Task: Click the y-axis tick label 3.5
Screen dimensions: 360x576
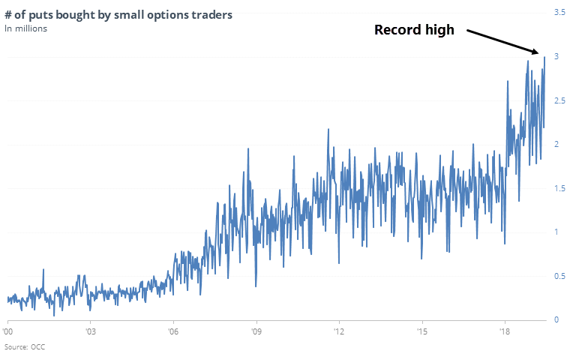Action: pyautogui.click(x=560, y=13)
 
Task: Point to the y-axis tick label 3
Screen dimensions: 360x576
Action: pyautogui.click(x=557, y=57)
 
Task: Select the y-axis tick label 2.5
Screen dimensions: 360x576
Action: pyautogui.click(x=560, y=100)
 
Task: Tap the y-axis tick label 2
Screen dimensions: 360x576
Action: pyautogui.click(x=557, y=144)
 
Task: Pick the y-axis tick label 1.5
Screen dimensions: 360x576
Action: pyautogui.click(x=560, y=188)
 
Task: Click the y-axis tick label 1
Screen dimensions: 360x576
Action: pyautogui.click(x=557, y=232)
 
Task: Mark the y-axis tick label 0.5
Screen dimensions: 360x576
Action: pyautogui.click(x=560, y=276)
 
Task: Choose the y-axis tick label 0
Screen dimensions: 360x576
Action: pyautogui.click(x=557, y=319)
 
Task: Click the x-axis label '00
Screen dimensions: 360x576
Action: pyautogui.click(x=8, y=331)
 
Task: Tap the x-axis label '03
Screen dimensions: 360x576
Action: pyautogui.click(x=90, y=331)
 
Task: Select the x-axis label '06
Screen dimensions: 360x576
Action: pyautogui.click(x=173, y=331)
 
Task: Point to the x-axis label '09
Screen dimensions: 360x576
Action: pyautogui.click(x=256, y=331)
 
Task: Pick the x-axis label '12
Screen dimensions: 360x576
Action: pyautogui.click(x=339, y=331)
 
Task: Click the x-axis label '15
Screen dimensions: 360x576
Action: pyautogui.click(x=421, y=331)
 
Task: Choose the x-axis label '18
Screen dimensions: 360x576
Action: pyautogui.click(x=505, y=331)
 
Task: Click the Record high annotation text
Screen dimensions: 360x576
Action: pyautogui.click(x=415, y=31)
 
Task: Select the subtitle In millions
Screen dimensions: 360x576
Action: pyautogui.click(x=27, y=28)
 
